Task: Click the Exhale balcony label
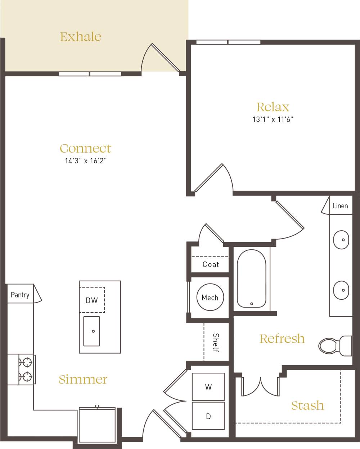click(80, 37)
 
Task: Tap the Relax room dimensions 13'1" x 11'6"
click(273, 120)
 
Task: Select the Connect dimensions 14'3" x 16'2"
click(86, 161)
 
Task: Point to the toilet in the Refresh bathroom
click(335, 346)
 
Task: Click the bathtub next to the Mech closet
click(251, 279)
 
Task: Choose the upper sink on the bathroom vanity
click(341, 239)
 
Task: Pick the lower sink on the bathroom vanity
click(341, 290)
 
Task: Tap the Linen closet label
click(340, 206)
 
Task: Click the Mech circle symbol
click(210, 298)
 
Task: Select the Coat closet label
click(211, 264)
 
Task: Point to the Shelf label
click(216, 343)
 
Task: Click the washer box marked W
click(208, 387)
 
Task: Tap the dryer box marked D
click(208, 416)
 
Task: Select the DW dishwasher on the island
click(92, 300)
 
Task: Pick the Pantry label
click(20, 295)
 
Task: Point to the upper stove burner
click(27, 361)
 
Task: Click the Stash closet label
click(307, 405)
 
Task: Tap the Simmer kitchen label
click(83, 379)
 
